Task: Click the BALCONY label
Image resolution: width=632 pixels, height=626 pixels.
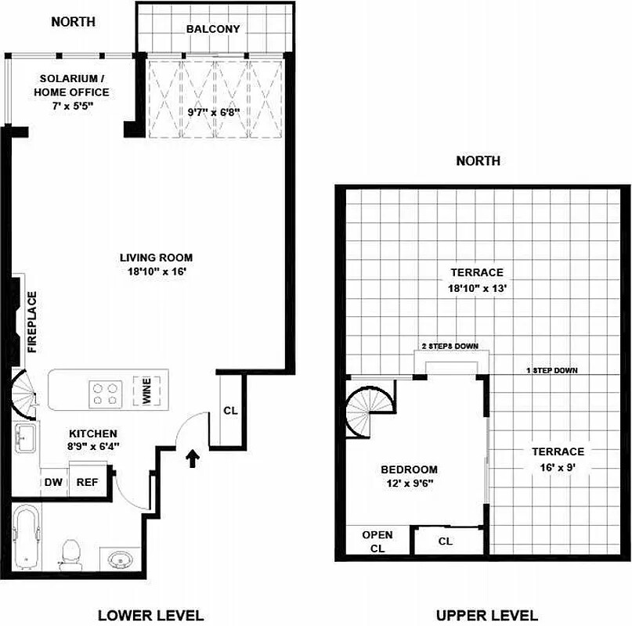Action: pos(212,29)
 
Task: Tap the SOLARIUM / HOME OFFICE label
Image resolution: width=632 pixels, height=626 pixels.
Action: pos(70,85)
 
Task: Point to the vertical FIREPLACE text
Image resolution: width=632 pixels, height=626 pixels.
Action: pos(32,322)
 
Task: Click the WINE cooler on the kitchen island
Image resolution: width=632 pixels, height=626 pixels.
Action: pos(146,390)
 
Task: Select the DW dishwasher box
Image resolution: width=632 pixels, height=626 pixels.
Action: pos(53,482)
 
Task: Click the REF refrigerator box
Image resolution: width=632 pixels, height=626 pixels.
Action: pos(86,482)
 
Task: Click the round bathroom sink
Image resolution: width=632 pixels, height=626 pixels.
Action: pos(120,560)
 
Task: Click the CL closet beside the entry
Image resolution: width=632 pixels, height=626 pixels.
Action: pos(230,410)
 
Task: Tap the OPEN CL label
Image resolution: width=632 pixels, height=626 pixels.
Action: pos(377,541)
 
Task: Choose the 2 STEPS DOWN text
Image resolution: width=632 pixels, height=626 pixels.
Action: pos(450,347)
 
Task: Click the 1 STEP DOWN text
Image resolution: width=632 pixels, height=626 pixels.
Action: pos(552,370)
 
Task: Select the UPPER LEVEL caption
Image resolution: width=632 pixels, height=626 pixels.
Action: pos(486,615)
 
